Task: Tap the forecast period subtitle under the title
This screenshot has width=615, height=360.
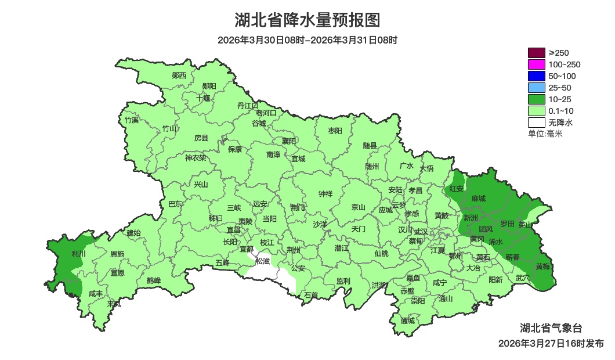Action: click(307, 40)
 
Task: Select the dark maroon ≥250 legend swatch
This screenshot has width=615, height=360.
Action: click(537, 53)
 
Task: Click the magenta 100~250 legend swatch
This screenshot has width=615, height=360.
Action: click(537, 64)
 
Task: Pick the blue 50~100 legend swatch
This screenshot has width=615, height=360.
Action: click(537, 76)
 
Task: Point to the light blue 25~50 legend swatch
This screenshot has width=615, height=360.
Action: click(537, 88)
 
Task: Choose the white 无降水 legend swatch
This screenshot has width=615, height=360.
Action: click(537, 123)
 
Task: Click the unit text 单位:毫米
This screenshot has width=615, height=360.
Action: click(545, 134)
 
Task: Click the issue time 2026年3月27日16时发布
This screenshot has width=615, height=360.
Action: click(551, 344)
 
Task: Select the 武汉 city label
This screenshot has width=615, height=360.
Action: click(421, 232)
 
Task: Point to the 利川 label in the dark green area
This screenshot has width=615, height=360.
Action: click(78, 254)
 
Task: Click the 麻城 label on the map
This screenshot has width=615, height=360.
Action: click(479, 199)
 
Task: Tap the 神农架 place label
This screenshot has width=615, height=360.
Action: click(196, 157)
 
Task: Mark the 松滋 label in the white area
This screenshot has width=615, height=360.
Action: click(263, 261)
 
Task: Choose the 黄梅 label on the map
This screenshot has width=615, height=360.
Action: click(543, 267)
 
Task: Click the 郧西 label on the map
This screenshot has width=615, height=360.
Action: click(179, 75)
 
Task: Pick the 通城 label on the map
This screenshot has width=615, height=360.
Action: click(408, 321)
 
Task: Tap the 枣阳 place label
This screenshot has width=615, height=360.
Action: click(335, 131)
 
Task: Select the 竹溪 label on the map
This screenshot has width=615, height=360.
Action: click(132, 120)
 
